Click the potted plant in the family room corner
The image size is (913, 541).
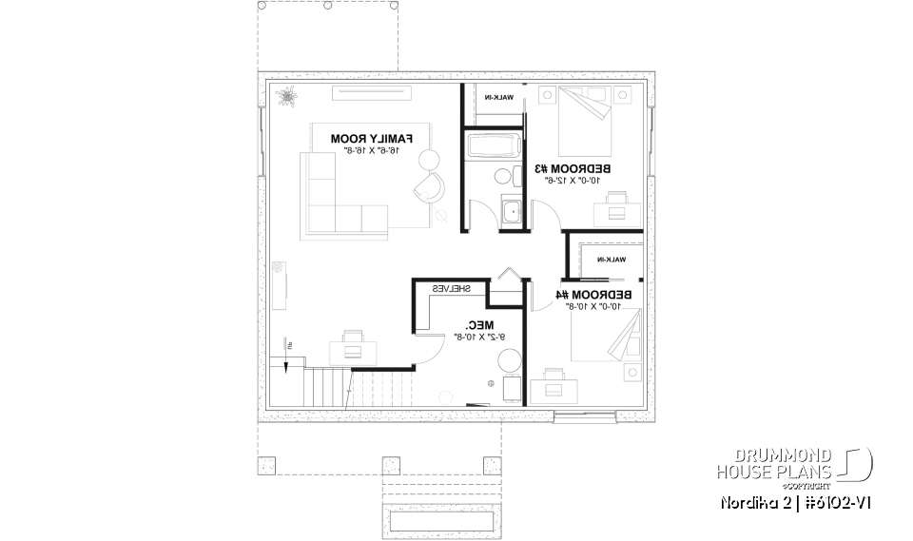pyautogui.click(x=287, y=95)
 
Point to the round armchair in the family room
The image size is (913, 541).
pyautogui.click(x=429, y=184)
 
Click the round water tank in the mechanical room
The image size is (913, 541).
pyautogui.click(x=509, y=362)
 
